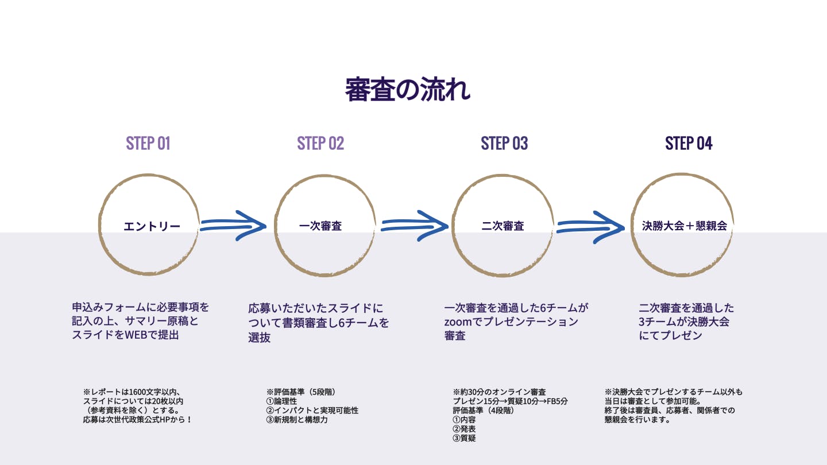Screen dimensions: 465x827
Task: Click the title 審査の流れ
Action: pyautogui.click(x=407, y=90)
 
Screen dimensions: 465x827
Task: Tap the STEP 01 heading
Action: pyautogui.click(x=148, y=144)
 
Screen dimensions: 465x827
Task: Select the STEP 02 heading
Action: pyautogui.click(x=320, y=144)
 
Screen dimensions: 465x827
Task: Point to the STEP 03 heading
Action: pyautogui.click(x=504, y=144)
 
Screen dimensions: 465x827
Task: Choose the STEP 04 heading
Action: pyautogui.click(x=689, y=144)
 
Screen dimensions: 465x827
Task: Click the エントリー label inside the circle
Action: pyautogui.click(x=152, y=226)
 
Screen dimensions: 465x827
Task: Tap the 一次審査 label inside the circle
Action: pyautogui.click(x=320, y=226)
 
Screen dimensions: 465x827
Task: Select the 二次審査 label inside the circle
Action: pyautogui.click(x=503, y=226)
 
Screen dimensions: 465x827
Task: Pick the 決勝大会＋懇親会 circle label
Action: pyautogui.click(x=684, y=226)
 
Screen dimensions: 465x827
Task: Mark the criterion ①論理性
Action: pyautogui.click(x=281, y=401)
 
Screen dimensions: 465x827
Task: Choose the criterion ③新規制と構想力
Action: pyautogui.click(x=297, y=420)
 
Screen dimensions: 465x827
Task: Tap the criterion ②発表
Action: pyautogui.click(x=464, y=429)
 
